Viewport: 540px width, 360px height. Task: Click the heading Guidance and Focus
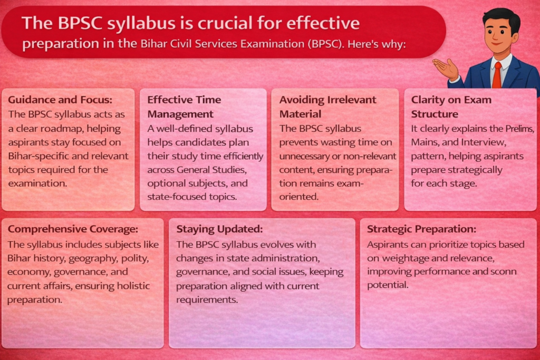[x=60, y=100]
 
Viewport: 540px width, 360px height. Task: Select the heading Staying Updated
[x=219, y=229]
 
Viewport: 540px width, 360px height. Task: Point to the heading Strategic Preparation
[x=421, y=229]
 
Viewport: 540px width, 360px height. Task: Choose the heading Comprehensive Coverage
[x=73, y=229]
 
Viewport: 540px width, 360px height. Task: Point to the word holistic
[x=133, y=286]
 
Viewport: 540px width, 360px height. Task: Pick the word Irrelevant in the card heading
[x=352, y=100]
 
